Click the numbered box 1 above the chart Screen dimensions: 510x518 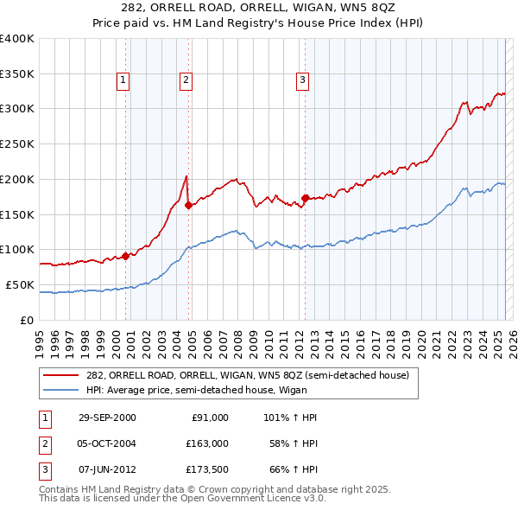pyautogui.click(x=123, y=81)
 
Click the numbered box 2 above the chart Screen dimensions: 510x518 pyautogui.click(x=186, y=81)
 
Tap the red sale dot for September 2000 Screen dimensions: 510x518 pyautogui.click(x=125, y=255)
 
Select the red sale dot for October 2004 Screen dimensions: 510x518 pyautogui.click(x=188, y=205)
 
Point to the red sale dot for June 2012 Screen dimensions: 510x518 pyautogui.click(x=305, y=197)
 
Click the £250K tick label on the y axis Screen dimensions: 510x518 pyautogui.click(x=18, y=144)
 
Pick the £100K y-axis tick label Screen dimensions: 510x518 pyautogui.click(x=18, y=250)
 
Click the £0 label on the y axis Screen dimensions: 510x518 pyautogui.click(x=26, y=320)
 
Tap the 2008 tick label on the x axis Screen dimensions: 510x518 pyautogui.click(x=237, y=337)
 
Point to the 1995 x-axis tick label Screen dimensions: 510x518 pyautogui.click(x=40, y=337)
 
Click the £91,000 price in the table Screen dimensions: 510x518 pyautogui.click(x=209, y=417)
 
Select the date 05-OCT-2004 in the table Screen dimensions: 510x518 pyautogui.click(x=107, y=443)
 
